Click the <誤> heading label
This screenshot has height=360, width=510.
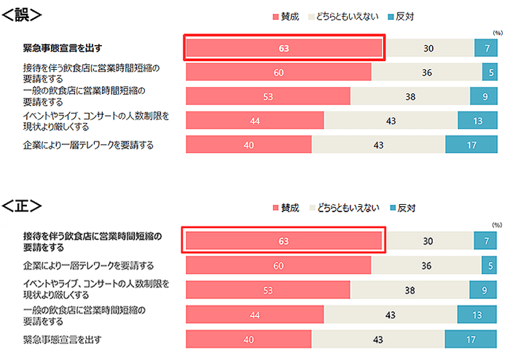coord(21,14)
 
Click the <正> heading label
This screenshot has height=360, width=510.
coord(21,207)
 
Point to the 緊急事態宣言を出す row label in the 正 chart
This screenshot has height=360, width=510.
coord(62,340)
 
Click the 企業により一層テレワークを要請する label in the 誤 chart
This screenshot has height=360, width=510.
coord(88,145)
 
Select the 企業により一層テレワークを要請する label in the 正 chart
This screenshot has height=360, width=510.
coord(88,265)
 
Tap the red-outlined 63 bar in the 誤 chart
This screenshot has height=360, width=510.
coord(283,48)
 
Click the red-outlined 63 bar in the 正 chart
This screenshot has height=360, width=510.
coord(283,241)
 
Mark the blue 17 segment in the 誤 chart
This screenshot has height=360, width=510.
coord(471,145)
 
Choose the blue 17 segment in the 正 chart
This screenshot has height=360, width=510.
coord(471,340)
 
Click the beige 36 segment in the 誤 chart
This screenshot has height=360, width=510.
coord(427,73)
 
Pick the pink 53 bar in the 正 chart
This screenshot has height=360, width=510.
coord(267,290)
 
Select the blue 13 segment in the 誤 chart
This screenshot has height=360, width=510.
coord(477,121)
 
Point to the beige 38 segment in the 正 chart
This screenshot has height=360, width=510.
coord(410,290)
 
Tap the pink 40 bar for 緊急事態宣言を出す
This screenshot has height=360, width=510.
coord(248,340)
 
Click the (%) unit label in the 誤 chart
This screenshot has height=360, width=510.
coord(497,33)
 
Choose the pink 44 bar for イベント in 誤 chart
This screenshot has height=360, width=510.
coord(255,121)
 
